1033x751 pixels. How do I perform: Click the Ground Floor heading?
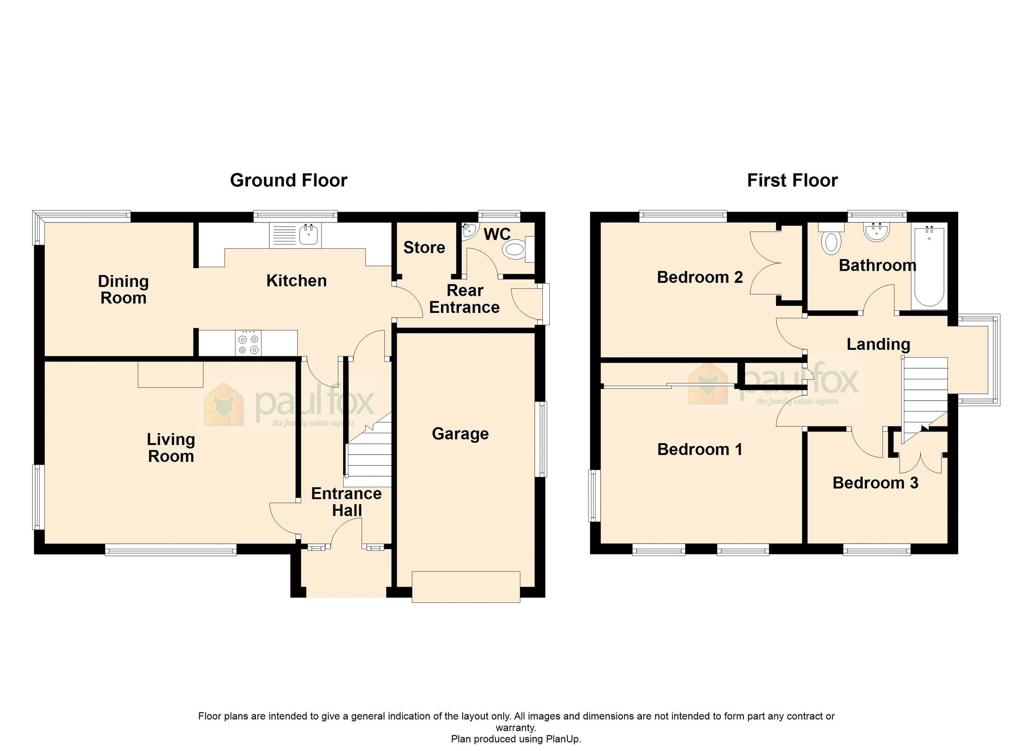coord(288,180)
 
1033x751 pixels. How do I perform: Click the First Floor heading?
coord(792,180)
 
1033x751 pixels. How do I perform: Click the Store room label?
coord(424,247)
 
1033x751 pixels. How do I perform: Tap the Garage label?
coord(460,433)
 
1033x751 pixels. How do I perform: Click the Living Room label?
coord(171,448)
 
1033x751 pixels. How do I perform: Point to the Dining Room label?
coord(123,290)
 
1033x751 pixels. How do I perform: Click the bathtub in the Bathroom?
coord(929,266)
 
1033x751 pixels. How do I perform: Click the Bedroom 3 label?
coord(875,483)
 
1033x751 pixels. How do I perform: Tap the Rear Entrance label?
coord(464,299)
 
